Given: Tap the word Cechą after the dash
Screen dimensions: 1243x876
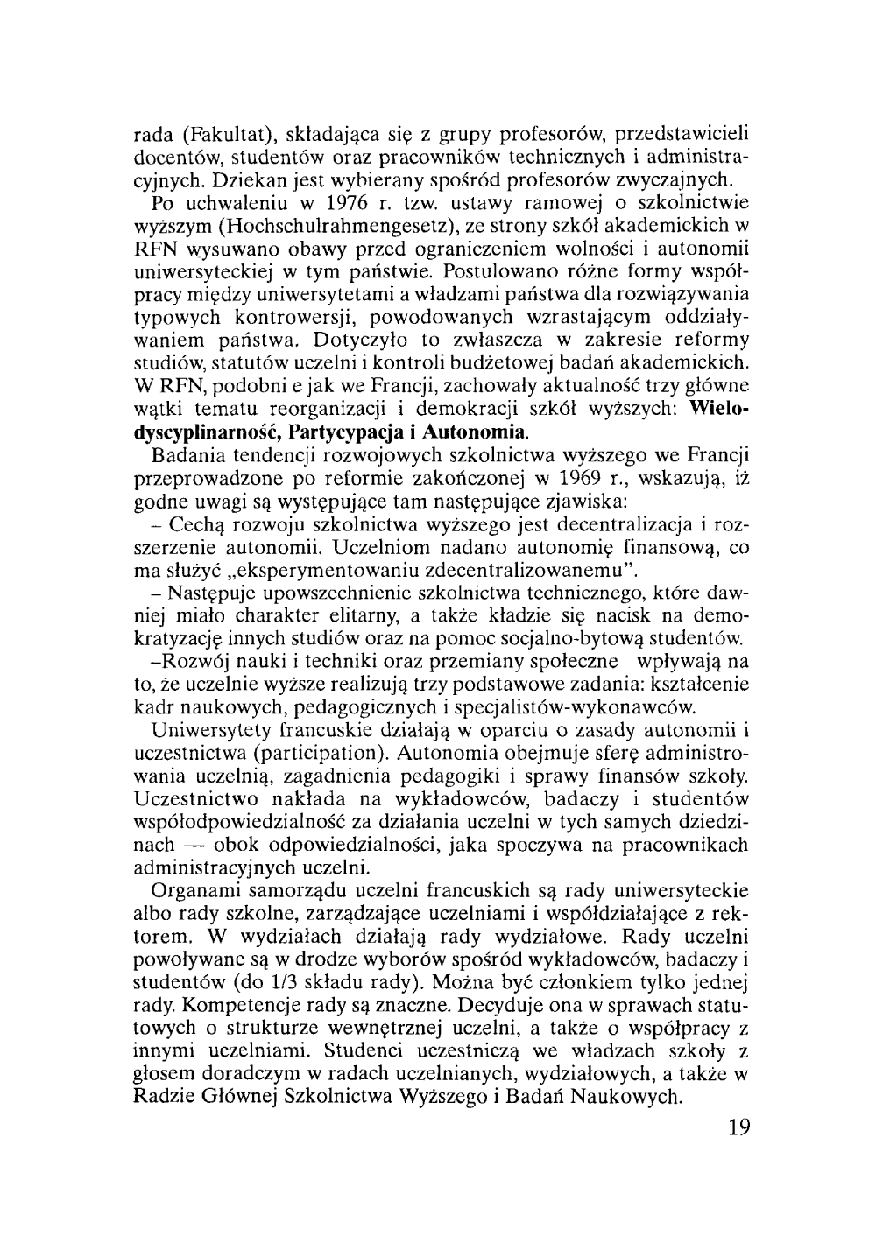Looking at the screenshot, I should click(x=199, y=524).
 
